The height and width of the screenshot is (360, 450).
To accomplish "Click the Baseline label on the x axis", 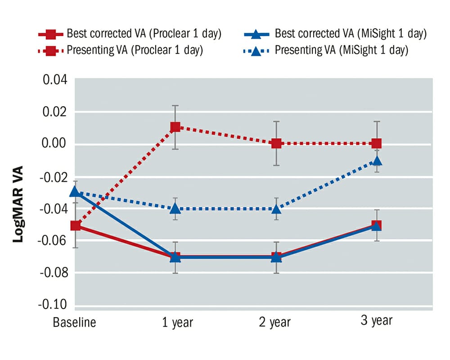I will click(75, 323).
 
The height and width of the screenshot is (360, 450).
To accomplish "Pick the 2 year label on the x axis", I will click(275, 323).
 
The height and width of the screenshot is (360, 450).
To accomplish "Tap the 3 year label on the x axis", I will click(377, 321).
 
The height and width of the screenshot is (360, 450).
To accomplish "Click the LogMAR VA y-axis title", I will click(18, 205).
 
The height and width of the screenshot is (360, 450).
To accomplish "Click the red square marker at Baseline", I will click(76, 225).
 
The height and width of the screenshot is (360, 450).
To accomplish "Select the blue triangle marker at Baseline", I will click(76, 192).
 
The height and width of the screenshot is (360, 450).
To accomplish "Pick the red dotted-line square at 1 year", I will click(175, 127).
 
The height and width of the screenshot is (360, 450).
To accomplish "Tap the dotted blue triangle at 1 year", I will click(175, 208).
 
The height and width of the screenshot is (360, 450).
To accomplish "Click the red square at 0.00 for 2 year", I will click(276, 144).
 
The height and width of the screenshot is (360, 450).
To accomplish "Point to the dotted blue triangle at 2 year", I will click(276, 208).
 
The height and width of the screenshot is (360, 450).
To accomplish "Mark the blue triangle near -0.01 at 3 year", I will click(377, 161).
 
